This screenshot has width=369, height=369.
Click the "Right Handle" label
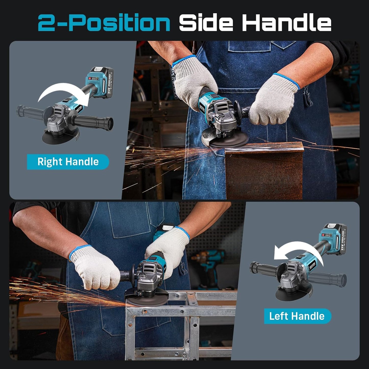click(x=68, y=162)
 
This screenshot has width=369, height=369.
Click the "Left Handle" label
click(x=297, y=316)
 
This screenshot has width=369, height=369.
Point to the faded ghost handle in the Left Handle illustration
click(x=329, y=277)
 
